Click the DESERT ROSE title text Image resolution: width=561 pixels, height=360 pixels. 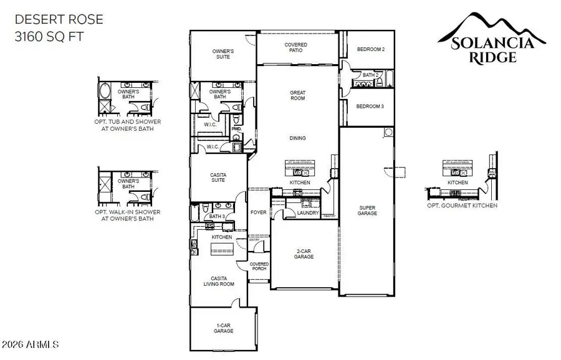(x=59, y=19)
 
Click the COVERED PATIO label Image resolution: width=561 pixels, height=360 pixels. (x=295, y=48)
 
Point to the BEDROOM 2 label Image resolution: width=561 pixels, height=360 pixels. (x=370, y=49)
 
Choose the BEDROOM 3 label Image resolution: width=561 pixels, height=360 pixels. (x=370, y=107)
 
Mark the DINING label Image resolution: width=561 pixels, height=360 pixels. (x=297, y=138)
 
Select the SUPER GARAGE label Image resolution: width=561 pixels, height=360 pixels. (x=367, y=211)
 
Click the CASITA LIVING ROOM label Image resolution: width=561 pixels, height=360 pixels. (x=218, y=281)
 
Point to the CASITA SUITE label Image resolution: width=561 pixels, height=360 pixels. (x=218, y=178)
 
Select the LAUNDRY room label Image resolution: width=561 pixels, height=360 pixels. (x=308, y=213)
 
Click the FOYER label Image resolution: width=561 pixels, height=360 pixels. (x=258, y=212)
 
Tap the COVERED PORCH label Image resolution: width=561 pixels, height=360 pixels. (x=259, y=267)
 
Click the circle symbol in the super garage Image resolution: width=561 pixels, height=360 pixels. (x=388, y=132)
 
